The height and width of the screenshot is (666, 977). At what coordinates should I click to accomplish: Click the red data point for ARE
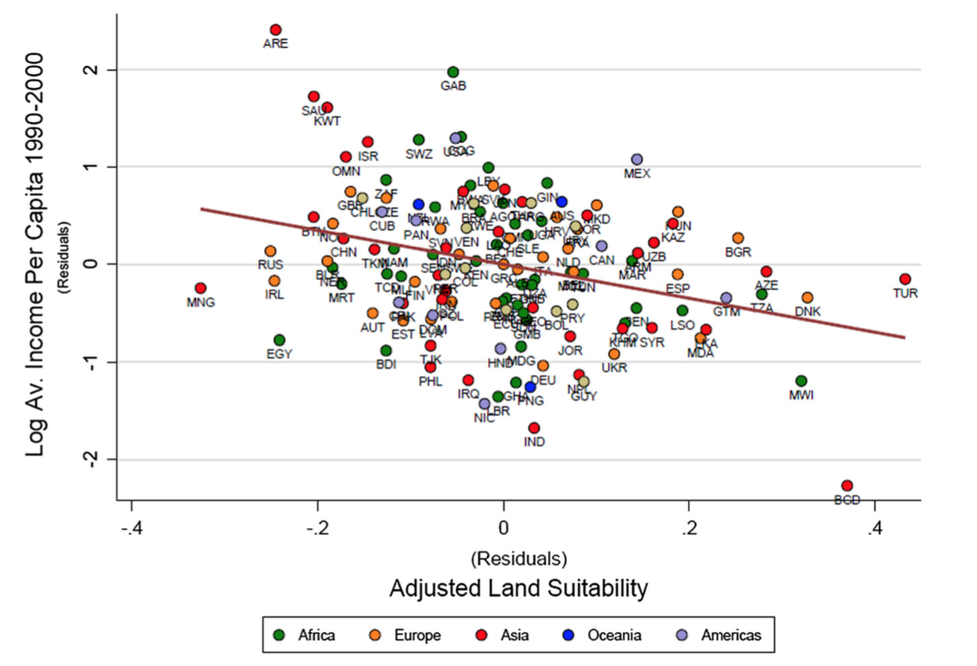click(x=275, y=30)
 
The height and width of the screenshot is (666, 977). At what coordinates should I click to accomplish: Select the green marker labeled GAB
click(x=453, y=73)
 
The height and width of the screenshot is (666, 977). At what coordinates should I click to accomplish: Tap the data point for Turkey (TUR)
click(x=905, y=279)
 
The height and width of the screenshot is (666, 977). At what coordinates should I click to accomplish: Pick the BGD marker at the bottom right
click(x=847, y=486)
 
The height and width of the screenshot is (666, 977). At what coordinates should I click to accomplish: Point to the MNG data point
click(x=201, y=289)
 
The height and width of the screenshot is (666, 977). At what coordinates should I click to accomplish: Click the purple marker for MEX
click(x=637, y=159)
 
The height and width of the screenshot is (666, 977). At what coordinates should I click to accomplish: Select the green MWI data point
click(x=801, y=381)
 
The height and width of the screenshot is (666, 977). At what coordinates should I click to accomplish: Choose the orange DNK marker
click(x=807, y=297)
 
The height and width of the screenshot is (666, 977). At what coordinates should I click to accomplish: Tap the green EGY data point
click(x=279, y=340)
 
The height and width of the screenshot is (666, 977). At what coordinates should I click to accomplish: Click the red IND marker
click(x=534, y=428)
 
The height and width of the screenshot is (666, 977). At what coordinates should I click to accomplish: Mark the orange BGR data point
click(x=738, y=238)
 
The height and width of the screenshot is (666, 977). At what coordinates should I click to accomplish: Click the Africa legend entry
click(x=305, y=635)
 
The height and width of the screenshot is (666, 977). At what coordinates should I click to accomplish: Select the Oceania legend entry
click(x=602, y=635)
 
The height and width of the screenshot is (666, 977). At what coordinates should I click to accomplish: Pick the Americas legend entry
click(x=719, y=635)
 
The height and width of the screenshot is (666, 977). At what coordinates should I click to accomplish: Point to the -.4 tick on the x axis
click(x=132, y=528)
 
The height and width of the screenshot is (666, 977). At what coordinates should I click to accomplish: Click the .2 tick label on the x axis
click(x=689, y=528)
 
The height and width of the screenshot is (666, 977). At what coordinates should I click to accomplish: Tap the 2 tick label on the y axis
click(x=92, y=70)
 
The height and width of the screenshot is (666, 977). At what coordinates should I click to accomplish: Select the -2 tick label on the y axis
click(x=92, y=459)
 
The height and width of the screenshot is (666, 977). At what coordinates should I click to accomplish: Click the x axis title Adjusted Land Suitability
click(x=519, y=588)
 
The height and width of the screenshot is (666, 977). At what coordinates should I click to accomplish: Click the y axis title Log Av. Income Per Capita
click(x=35, y=256)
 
